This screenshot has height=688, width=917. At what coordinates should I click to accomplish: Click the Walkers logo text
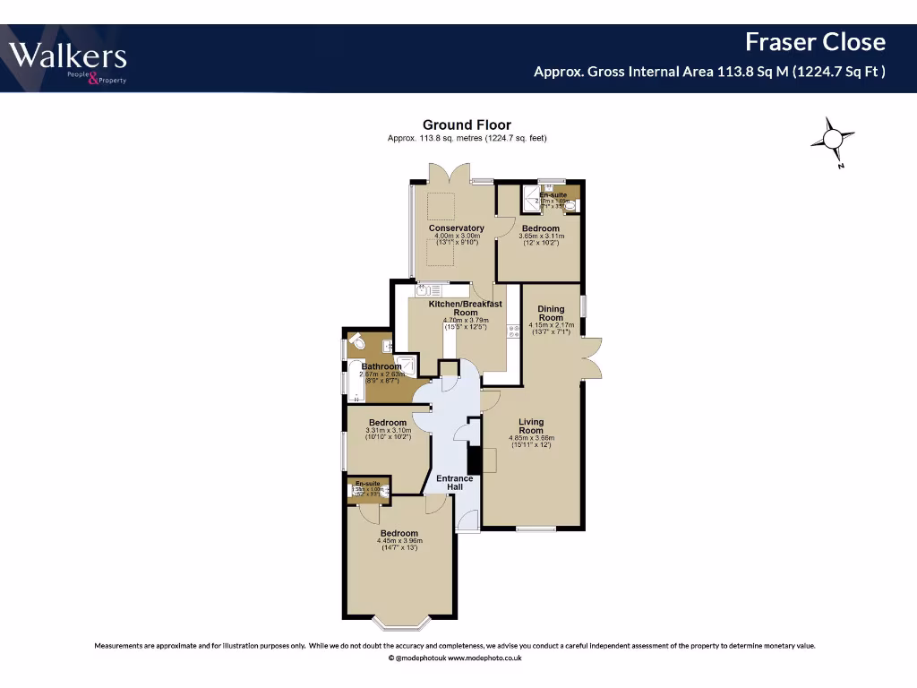click(x=68, y=57)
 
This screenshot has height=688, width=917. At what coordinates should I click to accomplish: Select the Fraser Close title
click(x=815, y=42)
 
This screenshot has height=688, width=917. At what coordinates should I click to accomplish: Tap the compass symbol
click(x=832, y=139)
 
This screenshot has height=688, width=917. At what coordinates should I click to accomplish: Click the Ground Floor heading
click(x=467, y=125)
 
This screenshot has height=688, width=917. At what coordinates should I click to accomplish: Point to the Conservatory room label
click(x=456, y=228)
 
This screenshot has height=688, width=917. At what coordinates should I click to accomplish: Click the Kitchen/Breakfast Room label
click(x=465, y=308)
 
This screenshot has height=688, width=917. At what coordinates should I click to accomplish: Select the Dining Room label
click(x=551, y=314)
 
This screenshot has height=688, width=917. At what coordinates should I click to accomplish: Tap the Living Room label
click(x=531, y=426)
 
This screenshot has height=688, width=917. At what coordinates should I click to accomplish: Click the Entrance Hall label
click(x=454, y=483)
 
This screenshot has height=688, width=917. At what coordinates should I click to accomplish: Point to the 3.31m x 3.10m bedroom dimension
click(x=388, y=431)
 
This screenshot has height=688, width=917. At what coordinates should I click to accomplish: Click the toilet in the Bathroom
click(x=356, y=342)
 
